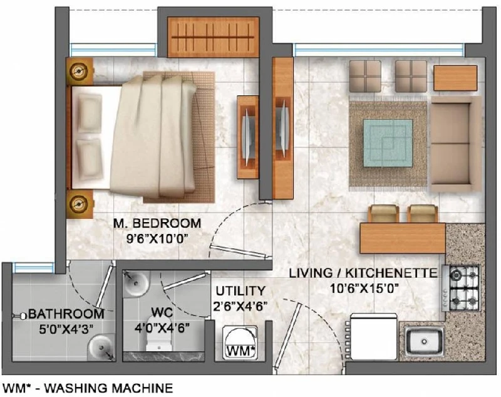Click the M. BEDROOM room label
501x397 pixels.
(x=157, y=223)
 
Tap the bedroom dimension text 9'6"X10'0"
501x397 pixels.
(x=157, y=239)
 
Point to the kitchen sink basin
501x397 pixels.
(x=425, y=342)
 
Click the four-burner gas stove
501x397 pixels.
(x=462, y=288)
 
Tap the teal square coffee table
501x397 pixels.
(x=388, y=143)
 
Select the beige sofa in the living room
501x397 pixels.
(x=455, y=144)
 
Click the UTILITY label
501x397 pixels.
(x=240, y=291)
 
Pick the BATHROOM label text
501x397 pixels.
(x=66, y=314)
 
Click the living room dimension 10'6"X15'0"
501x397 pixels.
(x=364, y=288)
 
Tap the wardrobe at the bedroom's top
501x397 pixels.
(x=213, y=37)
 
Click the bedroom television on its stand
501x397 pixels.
(x=247, y=137)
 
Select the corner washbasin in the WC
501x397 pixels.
(x=136, y=283)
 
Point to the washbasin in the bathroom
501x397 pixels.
(x=101, y=347)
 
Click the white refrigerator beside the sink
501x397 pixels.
(x=373, y=337)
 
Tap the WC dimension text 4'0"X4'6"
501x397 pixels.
(x=162, y=327)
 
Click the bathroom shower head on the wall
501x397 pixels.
(x=20, y=315)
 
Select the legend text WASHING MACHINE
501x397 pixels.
(x=108, y=388)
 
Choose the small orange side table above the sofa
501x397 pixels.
(x=455, y=78)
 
